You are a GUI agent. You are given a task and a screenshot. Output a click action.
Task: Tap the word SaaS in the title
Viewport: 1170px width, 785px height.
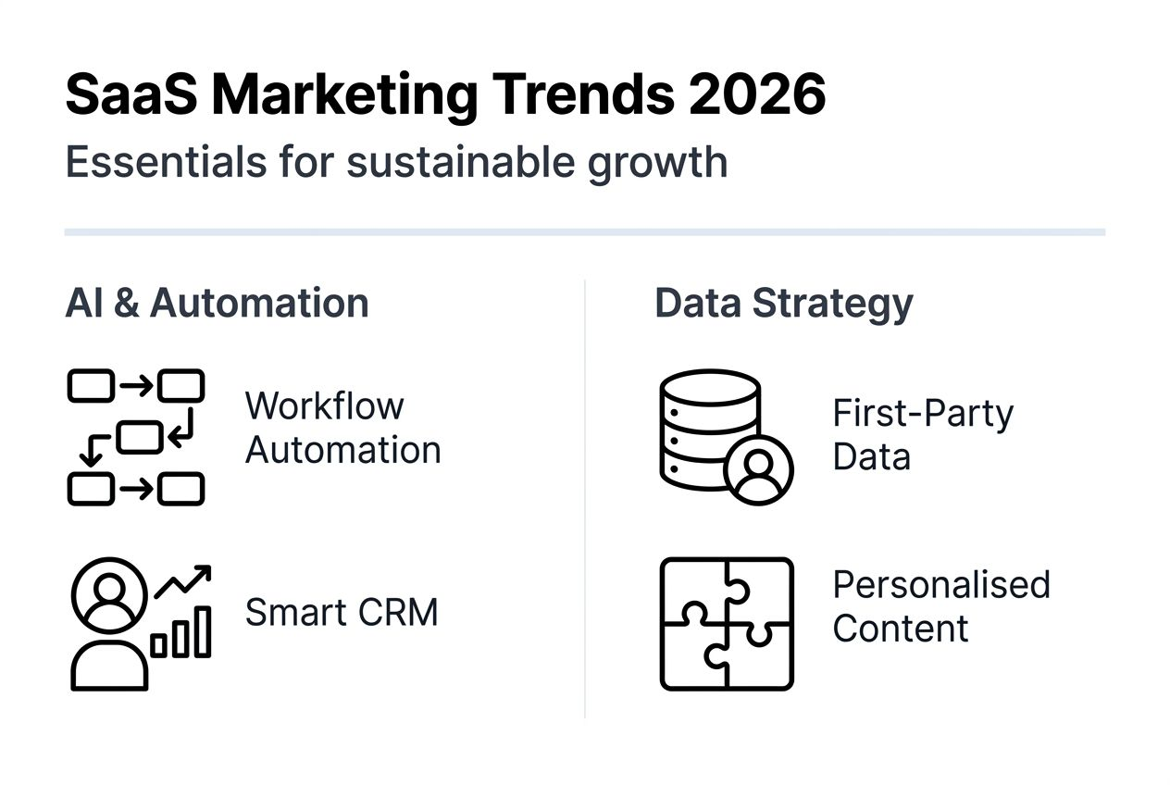click(x=131, y=94)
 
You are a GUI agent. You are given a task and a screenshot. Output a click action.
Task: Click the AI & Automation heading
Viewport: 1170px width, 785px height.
click(x=217, y=304)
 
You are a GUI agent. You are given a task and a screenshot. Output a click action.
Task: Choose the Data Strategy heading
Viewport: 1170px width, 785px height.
click(x=783, y=304)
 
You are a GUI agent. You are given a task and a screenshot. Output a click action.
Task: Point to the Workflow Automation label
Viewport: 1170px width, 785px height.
click(x=342, y=428)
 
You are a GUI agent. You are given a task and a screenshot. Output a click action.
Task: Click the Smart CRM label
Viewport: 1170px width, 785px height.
click(x=341, y=612)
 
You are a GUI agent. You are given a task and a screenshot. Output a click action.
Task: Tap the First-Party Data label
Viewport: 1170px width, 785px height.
click(x=922, y=434)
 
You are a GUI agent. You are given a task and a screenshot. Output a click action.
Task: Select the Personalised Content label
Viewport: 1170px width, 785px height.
click(x=940, y=605)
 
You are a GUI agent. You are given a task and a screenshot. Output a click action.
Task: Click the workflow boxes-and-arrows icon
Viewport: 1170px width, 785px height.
click(x=136, y=437)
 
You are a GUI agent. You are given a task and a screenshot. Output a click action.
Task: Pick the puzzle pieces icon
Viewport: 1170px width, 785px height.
click(x=727, y=623)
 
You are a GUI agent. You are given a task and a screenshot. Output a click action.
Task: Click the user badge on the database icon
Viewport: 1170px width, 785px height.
click(x=759, y=469)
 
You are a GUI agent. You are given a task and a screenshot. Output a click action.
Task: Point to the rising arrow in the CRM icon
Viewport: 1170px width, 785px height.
click(x=182, y=580)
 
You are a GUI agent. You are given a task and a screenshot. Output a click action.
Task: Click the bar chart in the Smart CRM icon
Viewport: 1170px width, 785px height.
click(x=181, y=633)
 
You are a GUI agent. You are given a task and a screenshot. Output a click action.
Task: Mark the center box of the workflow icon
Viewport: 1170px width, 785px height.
click(x=140, y=436)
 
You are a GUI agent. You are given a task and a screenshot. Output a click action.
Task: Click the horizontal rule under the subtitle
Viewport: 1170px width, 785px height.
click(x=585, y=231)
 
